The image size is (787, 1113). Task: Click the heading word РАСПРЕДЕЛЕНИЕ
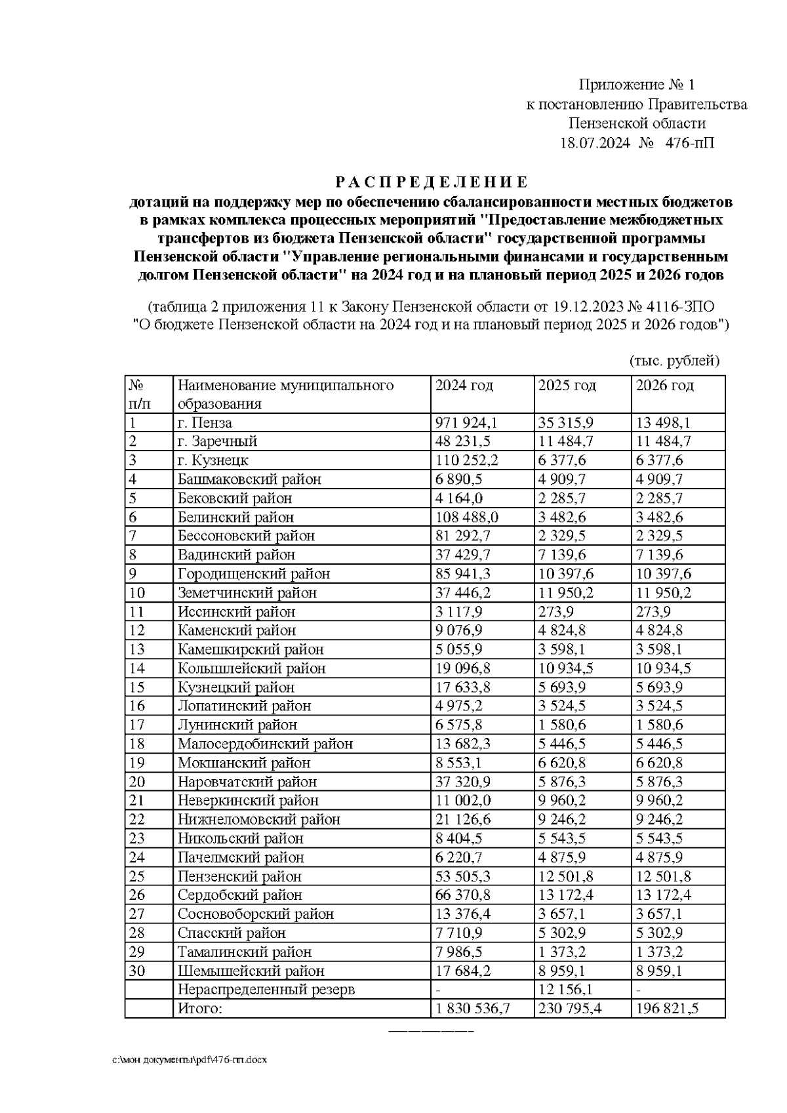[x=432, y=182]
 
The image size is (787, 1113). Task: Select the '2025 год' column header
[x=567, y=386]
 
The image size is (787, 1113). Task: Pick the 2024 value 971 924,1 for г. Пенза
[x=467, y=423]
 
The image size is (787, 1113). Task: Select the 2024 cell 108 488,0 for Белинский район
[x=467, y=517]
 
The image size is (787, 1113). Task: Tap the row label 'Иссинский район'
[x=236, y=612]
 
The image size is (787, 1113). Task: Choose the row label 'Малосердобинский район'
[x=265, y=744]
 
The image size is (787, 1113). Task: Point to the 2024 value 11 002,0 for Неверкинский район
[x=463, y=801]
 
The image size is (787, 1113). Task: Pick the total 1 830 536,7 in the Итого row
[x=473, y=1009]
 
